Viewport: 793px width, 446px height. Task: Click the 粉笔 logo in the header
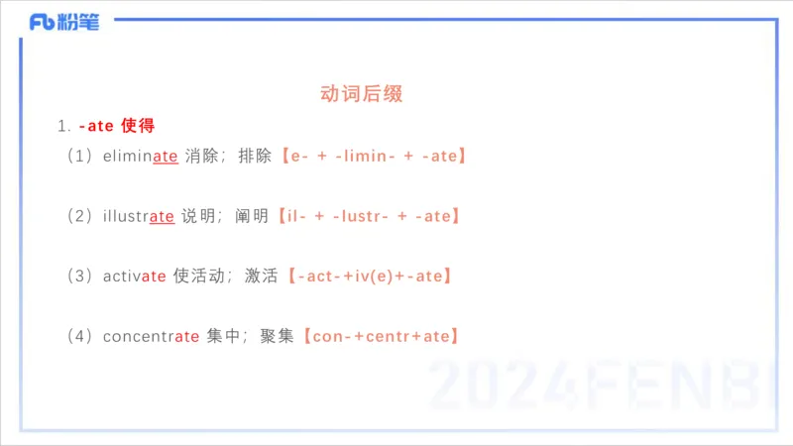(x=64, y=22)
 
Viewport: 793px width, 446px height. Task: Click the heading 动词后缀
(x=362, y=94)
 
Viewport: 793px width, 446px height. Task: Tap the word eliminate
(x=140, y=156)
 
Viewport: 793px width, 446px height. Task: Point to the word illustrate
(x=138, y=216)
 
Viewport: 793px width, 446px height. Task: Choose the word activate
(x=134, y=277)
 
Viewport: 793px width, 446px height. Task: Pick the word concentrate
(x=151, y=337)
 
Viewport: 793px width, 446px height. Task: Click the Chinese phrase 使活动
(x=200, y=277)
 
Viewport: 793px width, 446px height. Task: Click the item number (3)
(x=79, y=277)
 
